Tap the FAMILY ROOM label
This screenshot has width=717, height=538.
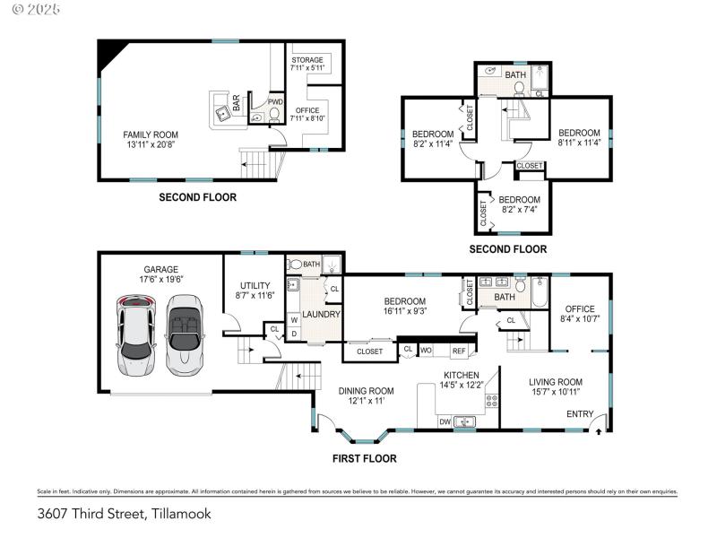(150, 140)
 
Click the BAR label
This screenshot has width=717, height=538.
(237, 103)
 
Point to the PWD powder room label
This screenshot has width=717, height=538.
(275, 102)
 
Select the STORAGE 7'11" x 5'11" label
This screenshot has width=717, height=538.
(307, 64)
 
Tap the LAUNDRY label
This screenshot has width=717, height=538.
(321, 315)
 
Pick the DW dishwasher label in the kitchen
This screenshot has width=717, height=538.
(445, 421)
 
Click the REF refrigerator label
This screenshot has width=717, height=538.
(458, 351)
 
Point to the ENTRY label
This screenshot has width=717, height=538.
(579, 413)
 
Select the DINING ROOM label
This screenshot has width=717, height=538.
(366, 395)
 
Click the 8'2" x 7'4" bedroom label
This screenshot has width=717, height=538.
(520, 204)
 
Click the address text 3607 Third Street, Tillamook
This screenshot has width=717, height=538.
(125, 515)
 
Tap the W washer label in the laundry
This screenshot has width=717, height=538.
(294, 319)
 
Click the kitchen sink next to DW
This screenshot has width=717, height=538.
(465, 421)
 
